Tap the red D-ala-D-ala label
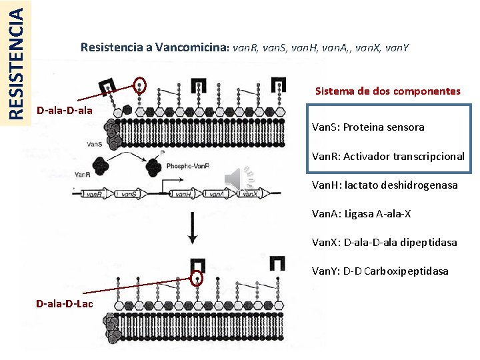(x=65, y=109)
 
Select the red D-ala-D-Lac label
(x=65, y=303)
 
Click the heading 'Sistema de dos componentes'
(x=387, y=91)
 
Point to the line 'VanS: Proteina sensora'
(x=368, y=127)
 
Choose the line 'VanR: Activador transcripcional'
(x=388, y=157)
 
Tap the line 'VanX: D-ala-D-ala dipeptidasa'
(x=385, y=242)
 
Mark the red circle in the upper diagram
(x=139, y=85)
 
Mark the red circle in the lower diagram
(x=196, y=279)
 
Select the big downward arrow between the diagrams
(x=193, y=227)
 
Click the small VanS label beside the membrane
(x=94, y=143)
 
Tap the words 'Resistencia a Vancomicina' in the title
(x=155, y=47)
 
